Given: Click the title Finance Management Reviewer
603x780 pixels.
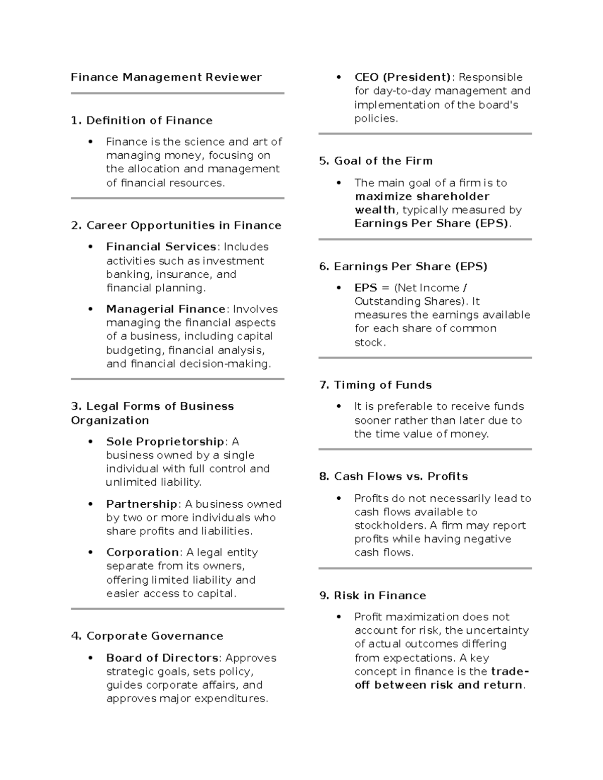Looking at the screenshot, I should click(166, 77).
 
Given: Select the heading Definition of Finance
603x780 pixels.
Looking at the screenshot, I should click(149, 121).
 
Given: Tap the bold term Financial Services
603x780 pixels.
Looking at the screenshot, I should click(161, 247).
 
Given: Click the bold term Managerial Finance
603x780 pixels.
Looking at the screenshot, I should click(166, 309).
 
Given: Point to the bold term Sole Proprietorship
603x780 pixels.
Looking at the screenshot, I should click(165, 441).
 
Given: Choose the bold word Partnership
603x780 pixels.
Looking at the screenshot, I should click(142, 504).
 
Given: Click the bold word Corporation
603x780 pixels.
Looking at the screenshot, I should click(143, 552).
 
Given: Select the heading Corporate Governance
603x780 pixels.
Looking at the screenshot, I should click(154, 636).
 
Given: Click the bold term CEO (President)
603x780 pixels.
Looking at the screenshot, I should click(403, 77).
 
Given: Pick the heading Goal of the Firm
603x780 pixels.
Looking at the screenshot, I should click(383, 161).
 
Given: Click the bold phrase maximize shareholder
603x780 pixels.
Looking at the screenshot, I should click(422, 196).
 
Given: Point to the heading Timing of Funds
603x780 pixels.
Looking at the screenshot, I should click(382, 385).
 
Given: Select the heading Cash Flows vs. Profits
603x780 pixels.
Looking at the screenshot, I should click(400, 476).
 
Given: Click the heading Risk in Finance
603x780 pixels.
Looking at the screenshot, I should click(380, 596).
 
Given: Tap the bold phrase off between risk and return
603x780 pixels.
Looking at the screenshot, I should click(439, 685).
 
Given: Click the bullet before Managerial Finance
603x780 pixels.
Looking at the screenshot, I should click(91, 309).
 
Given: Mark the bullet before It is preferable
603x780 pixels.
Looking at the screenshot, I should click(339, 406).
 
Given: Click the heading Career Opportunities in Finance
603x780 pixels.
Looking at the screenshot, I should click(183, 226).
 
